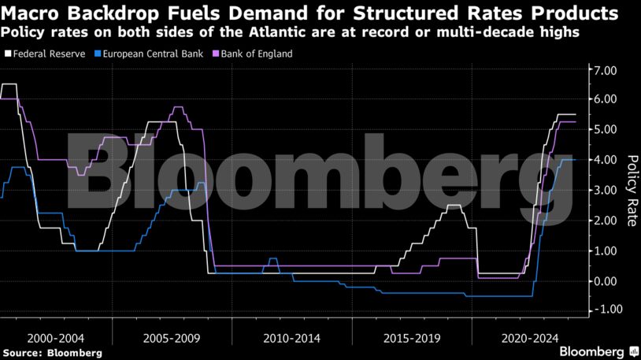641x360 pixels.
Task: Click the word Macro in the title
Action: tap(32, 13)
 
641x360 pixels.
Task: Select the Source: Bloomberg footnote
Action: tap(52, 352)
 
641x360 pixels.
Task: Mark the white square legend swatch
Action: tap(8, 54)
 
